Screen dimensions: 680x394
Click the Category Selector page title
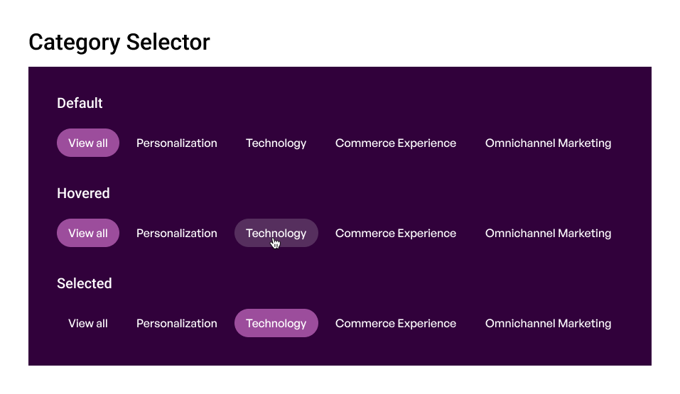tap(119, 43)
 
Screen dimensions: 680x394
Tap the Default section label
tap(80, 103)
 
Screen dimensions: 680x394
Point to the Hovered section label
tap(83, 193)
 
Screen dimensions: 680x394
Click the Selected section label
tap(85, 283)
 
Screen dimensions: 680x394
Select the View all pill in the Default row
tap(88, 143)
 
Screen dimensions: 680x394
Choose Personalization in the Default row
tap(177, 143)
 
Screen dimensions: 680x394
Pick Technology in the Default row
tap(276, 143)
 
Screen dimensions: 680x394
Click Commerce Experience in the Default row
tap(396, 143)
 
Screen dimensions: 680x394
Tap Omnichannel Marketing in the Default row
tap(548, 143)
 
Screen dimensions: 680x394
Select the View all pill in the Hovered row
tap(88, 233)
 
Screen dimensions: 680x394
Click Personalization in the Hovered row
tap(177, 233)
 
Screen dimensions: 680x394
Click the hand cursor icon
tap(276, 243)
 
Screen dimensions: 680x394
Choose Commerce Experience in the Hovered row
tap(396, 234)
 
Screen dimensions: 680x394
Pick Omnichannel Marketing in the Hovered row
tap(548, 234)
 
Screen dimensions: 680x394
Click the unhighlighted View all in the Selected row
tap(88, 323)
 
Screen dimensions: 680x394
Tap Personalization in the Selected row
tap(177, 323)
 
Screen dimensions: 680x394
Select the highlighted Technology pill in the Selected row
tap(276, 323)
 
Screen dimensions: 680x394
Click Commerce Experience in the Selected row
tap(396, 324)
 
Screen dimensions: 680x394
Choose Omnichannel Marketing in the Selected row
tap(548, 324)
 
